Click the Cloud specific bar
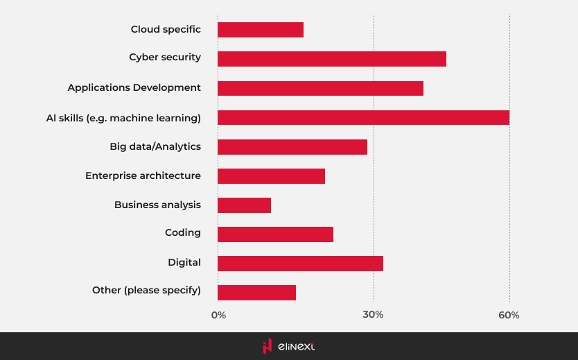(x=261, y=30)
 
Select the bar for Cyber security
(x=332, y=59)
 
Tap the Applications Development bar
(x=320, y=88)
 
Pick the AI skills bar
(x=363, y=117)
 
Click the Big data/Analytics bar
(x=292, y=146)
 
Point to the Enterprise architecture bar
(x=271, y=176)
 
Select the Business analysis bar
(x=244, y=205)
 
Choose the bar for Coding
(x=275, y=234)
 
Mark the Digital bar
(x=300, y=264)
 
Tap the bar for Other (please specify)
(x=256, y=293)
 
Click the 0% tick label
(x=218, y=316)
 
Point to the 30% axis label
(x=374, y=316)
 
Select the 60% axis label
(x=509, y=316)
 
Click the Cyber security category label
(x=165, y=58)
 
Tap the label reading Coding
(x=183, y=233)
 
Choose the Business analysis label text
(x=157, y=205)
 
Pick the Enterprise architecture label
(x=143, y=176)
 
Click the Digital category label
(x=184, y=263)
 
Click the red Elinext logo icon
(x=267, y=346)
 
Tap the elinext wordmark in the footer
(x=296, y=346)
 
